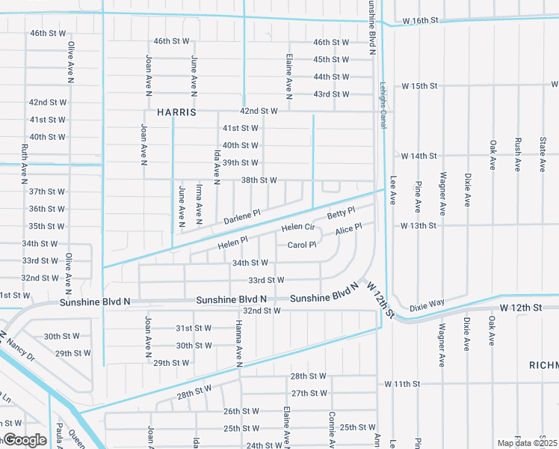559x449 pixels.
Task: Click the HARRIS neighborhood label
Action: pyautogui.click(x=177, y=112)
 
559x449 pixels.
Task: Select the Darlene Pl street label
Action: pyautogui.click(x=242, y=217)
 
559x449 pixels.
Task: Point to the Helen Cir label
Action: pyautogui.click(x=297, y=227)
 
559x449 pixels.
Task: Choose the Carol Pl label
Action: pyautogui.click(x=302, y=245)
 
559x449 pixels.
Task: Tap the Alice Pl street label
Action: pyautogui.click(x=348, y=229)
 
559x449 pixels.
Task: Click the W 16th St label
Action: pyautogui.click(x=419, y=21)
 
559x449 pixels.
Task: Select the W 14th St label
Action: pyautogui.click(x=419, y=156)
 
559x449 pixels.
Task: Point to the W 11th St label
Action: pyautogui.click(x=403, y=384)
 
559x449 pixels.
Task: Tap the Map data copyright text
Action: pyautogui.click(x=527, y=443)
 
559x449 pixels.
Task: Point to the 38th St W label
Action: pyautogui.click(x=259, y=180)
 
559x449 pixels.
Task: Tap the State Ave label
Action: pyautogui.click(x=543, y=153)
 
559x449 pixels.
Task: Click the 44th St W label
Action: pyautogui.click(x=332, y=77)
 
